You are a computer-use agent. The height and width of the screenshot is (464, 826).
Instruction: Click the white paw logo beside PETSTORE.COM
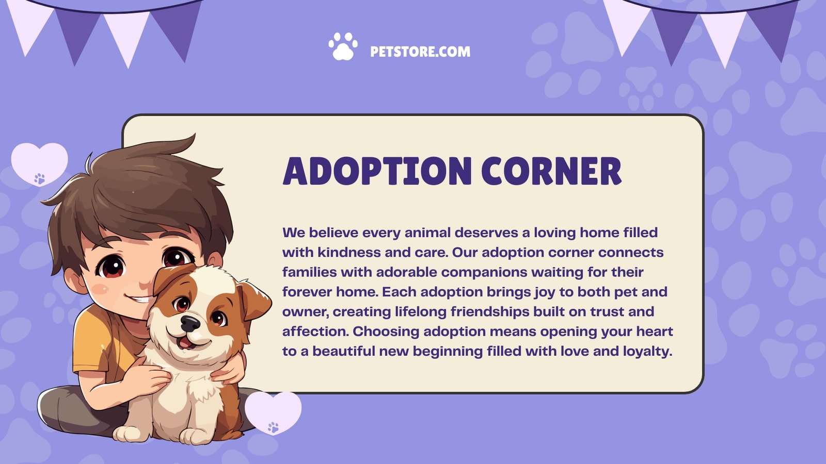[343, 46]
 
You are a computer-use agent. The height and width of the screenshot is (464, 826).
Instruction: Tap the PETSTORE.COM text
[420, 52]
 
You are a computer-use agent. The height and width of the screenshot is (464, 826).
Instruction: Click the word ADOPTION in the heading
[377, 171]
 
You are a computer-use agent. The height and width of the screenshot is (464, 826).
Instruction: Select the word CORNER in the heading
[551, 171]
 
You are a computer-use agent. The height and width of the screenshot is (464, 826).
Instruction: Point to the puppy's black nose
[190, 323]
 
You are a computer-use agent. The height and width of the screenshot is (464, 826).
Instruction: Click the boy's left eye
[112, 267]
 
